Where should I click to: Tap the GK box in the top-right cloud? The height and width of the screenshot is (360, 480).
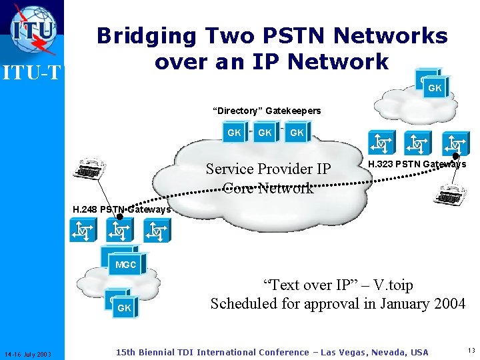click(434, 87)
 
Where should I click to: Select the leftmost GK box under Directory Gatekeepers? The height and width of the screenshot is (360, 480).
click(234, 133)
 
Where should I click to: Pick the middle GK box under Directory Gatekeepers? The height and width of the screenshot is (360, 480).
click(265, 133)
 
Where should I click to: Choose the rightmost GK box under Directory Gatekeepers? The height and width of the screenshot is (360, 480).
click(297, 133)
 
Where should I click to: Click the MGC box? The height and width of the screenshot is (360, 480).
click(125, 265)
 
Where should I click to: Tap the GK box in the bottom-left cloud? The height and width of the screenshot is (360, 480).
click(124, 308)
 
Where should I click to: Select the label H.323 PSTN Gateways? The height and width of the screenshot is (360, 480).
click(417, 164)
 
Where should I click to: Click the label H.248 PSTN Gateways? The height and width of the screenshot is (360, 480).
click(121, 209)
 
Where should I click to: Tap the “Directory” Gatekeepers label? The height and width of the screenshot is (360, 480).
click(267, 111)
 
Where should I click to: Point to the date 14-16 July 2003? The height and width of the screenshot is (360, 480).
click(32, 353)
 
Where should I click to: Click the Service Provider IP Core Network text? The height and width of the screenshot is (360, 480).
click(268, 178)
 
